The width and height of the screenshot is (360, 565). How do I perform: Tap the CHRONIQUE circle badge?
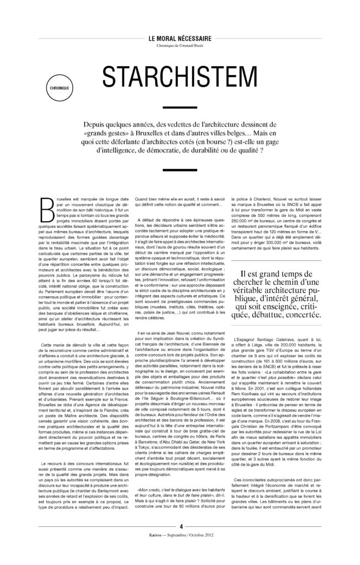(x=57, y=87)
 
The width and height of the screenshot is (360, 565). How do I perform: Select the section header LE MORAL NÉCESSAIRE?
(x=179, y=40)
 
